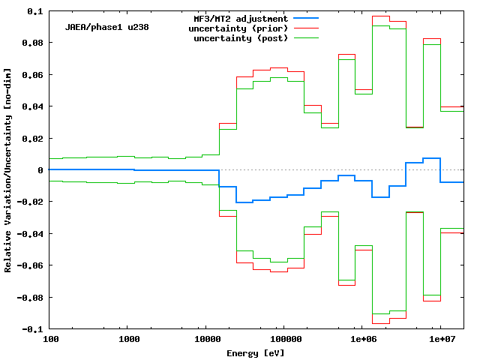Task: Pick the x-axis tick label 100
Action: tap(51, 340)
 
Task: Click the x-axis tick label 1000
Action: tap(129, 340)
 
